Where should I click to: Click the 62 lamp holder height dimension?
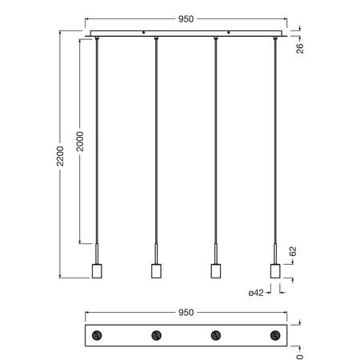pyautogui.click(x=293, y=251)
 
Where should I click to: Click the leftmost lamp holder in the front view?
pyautogui.click(x=96, y=270)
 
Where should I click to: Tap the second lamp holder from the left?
pyautogui.click(x=156, y=270)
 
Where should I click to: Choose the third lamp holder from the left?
pyautogui.click(x=215, y=270)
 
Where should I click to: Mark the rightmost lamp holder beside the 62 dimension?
pyautogui.click(x=275, y=270)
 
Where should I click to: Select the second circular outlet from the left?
pyautogui.click(x=156, y=335)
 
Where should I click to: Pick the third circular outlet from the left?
pyautogui.click(x=215, y=335)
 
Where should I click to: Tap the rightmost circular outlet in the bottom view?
pyautogui.click(x=275, y=335)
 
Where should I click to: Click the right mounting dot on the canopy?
pyautogui.click(x=230, y=33)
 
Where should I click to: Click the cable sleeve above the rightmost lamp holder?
pyautogui.click(x=275, y=252)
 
